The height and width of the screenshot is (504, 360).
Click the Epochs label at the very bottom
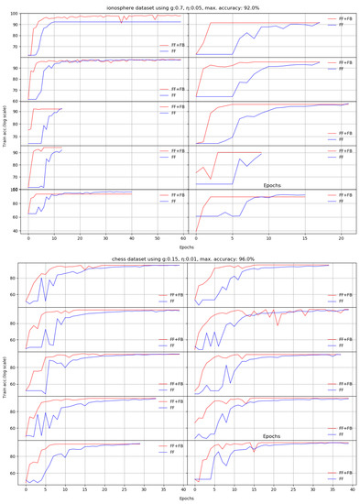pyautogui.click(x=187, y=499)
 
